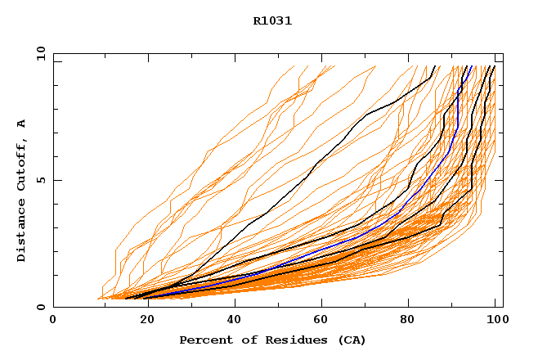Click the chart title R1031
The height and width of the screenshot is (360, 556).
pos(272,21)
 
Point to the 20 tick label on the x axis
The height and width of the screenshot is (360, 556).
pos(142,320)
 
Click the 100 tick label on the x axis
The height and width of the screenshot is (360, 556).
pos(495,320)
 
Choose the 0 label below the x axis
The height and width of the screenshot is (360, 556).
pos(53,320)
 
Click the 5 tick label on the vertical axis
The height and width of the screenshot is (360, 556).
pos(41,181)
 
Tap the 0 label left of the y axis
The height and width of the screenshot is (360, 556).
pos(41,308)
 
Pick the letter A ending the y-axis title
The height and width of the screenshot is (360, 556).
pos(22,124)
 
